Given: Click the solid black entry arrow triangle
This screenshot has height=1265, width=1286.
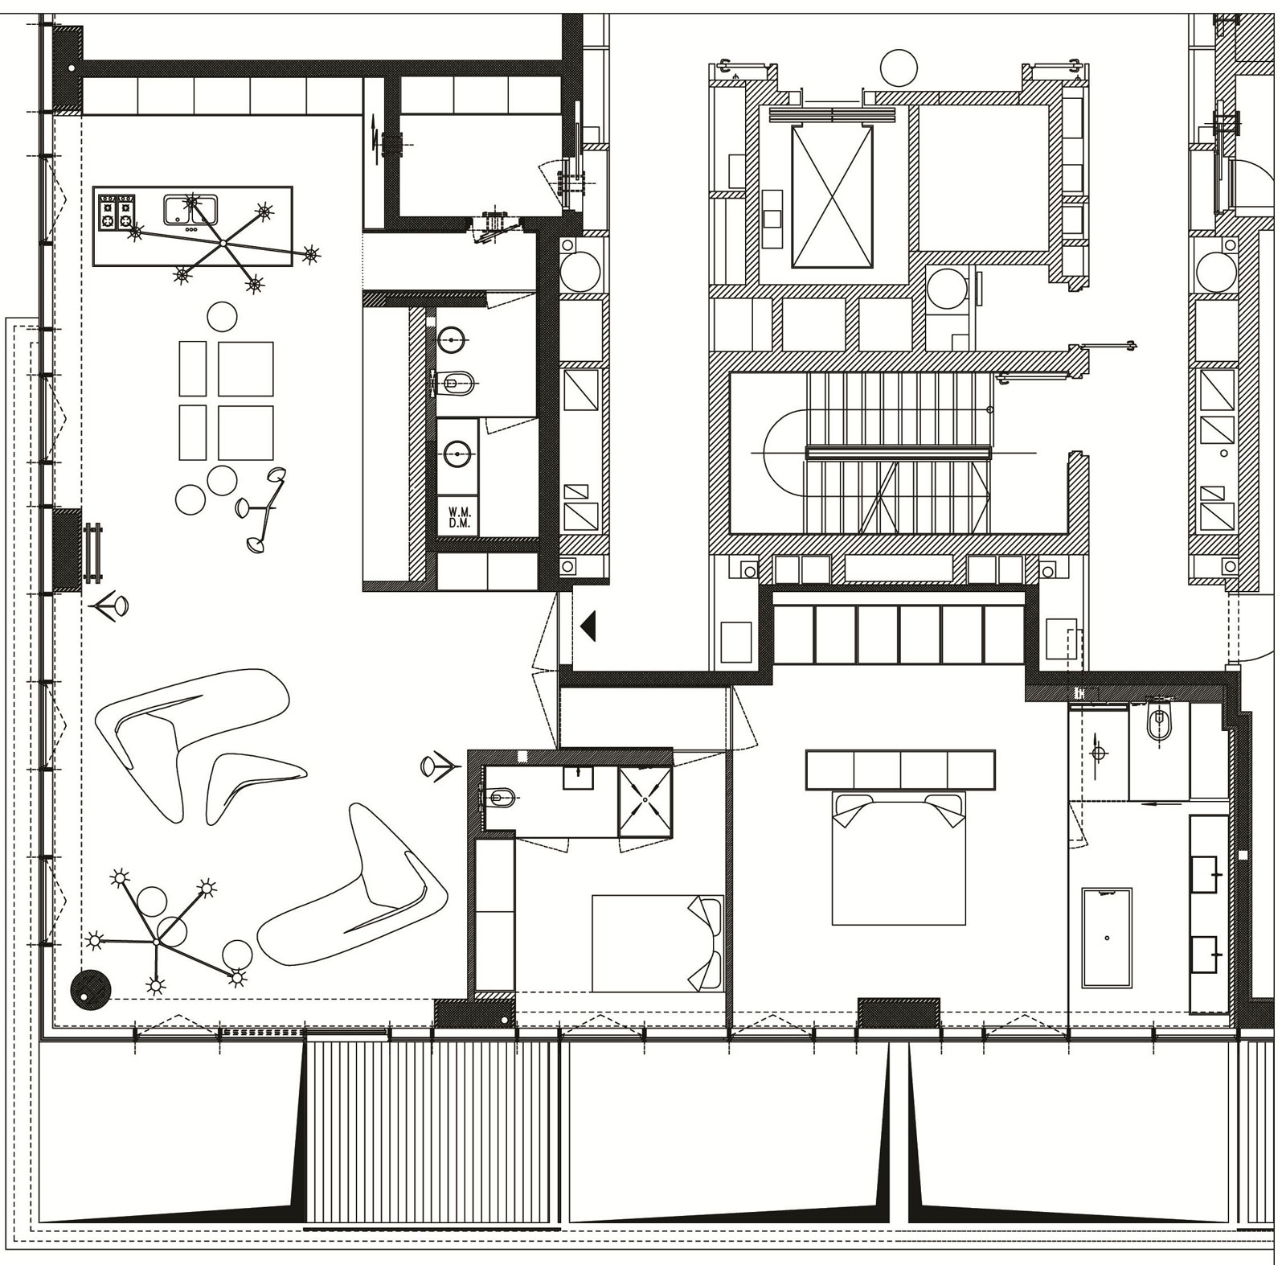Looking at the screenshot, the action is (x=588, y=625).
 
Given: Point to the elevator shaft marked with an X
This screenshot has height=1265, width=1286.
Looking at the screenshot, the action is (x=832, y=195).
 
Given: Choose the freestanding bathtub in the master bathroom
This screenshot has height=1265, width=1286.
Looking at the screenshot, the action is (x=1107, y=938).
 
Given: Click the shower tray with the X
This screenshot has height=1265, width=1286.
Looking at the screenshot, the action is (x=645, y=802).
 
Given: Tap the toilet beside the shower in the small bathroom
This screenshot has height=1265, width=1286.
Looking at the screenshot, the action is (x=500, y=799).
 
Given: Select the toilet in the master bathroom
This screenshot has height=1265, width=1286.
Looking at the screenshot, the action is (x=1157, y=721).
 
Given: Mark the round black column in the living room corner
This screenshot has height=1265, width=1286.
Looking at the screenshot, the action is (x=90, y=988).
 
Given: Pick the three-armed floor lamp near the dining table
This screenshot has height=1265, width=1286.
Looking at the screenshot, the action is (x=262, y=508).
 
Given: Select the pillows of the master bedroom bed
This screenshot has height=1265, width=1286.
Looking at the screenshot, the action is (x=899, y=809).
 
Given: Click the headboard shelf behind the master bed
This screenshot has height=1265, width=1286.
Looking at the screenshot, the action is (x=900, y=770).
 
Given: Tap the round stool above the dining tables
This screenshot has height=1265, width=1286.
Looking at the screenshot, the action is (x=223, y=317).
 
